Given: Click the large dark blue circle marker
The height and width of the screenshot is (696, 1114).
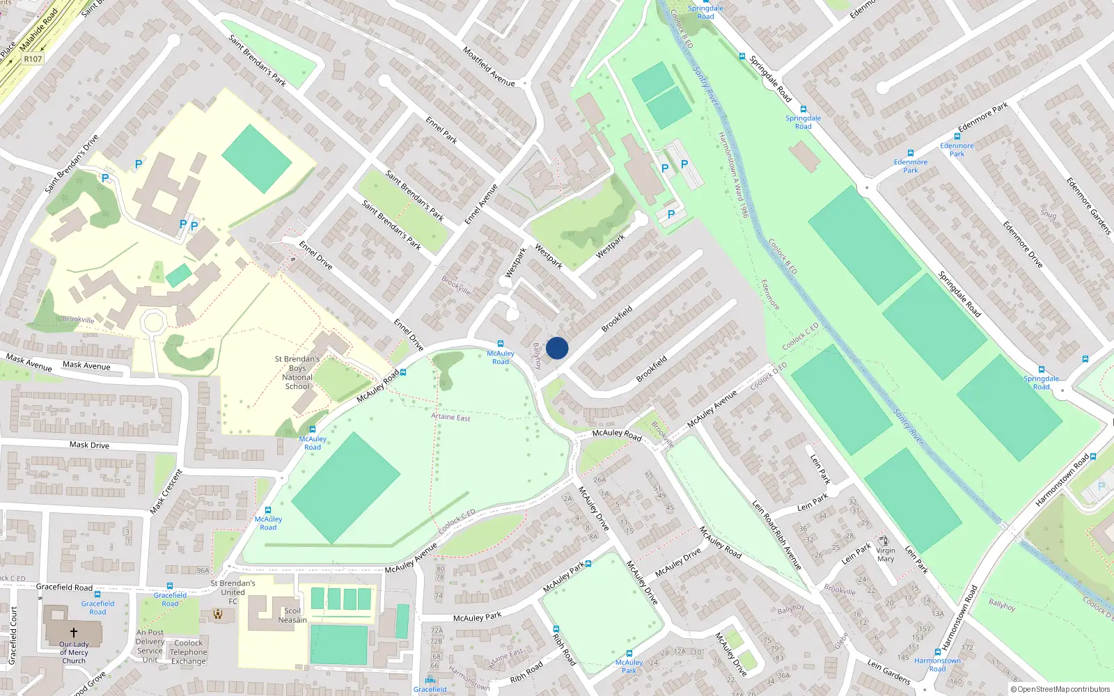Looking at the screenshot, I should pyautogui.click(x=557, y=348).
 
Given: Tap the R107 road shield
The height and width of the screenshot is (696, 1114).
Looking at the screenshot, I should pyautogui.click(x=33, y=59).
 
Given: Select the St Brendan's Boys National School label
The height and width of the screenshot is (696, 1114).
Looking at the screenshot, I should pyautogui.click(x=297, y=373).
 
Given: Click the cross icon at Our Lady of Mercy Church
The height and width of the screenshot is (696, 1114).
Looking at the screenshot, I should pyautogui.click(x=74, y=633).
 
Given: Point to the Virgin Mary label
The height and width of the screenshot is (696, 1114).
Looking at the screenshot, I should pyautogui.click(x=886, y=555).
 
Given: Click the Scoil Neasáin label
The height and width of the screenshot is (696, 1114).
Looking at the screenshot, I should pyautogui.click(x=292, y=615).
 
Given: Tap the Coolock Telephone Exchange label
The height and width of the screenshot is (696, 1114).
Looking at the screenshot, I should pyautogui.click(x=189, y=652).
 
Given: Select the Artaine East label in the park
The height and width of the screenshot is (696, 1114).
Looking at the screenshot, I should pyautogui.click(x=450, y=417).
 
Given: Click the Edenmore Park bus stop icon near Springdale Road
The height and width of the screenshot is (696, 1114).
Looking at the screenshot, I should pyautogui.click(x=910, y=153).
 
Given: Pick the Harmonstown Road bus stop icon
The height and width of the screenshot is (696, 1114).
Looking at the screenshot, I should pyautogui.click(x=938, y=652).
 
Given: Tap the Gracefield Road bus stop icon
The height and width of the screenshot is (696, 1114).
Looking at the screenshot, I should pyautogui.click(x=170, y=586).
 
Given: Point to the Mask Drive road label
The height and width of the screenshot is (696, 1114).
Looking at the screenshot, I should pyautogui.click(x=89, y=445).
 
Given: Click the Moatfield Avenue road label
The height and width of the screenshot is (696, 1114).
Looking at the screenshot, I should pyautogui.click(x=489, y=67).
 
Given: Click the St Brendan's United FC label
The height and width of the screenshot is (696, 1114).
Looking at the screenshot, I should pyautogui.click(x=233, y=592).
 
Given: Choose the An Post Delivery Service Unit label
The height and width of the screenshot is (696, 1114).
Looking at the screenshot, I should pyautogui.click(x=150, y=646).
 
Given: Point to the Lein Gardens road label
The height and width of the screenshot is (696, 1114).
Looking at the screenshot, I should pyautogui.click(x=888, y=672).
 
